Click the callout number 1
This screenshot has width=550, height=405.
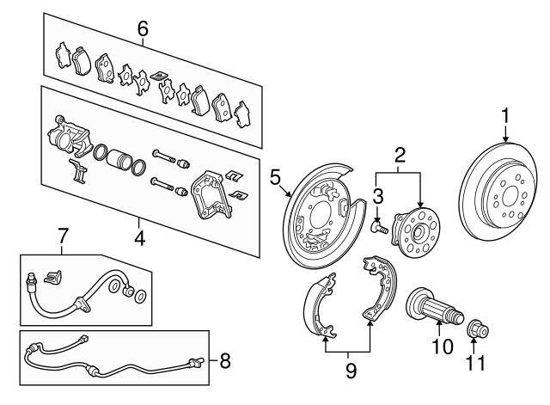point(506,114)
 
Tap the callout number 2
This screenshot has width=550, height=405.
point(400,156)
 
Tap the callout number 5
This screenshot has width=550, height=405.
point(275,179)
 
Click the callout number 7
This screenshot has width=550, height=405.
point(61,234)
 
